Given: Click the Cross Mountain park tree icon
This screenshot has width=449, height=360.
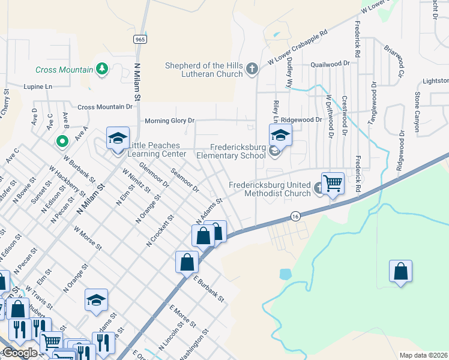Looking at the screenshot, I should pyautogui.click(x=102, y=69).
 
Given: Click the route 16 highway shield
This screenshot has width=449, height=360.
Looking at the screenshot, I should pyautogui.click(x=295, y=215).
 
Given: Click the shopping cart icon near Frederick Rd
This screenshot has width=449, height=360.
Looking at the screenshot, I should pyautogui.click(x=333, y=184).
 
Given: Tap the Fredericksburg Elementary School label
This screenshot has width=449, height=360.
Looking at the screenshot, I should pyautogui.click(x=238, y=151).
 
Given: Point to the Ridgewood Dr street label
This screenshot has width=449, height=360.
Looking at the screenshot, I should pyautogui.click(x=301, y=119).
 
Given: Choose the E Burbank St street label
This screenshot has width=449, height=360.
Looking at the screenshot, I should pyautogui.click(x=208, y=288).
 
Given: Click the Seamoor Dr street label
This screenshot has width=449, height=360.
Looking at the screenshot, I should pyautogui.click(x=184, y=180).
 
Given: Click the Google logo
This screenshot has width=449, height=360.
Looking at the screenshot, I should pyautogui.click(x=19, y=352).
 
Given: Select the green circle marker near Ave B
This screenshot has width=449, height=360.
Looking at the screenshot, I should pyautogui.click(x=61, y=142).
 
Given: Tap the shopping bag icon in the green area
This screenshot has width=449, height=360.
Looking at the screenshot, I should pyautogui.click(x=400, y=271).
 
